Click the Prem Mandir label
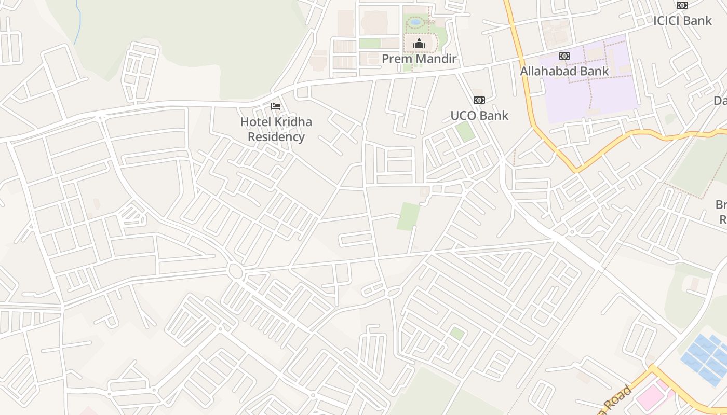pos(419,59)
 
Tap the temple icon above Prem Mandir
pos(419,44)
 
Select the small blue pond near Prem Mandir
pos(415,22)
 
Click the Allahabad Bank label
pos(564,71)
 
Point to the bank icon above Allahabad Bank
pos(564,56)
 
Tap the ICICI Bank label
pos(682,21)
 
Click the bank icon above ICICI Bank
pos(682,5)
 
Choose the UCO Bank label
pos(479,115)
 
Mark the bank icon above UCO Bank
pos(479,100)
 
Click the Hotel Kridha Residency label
pos(276,129)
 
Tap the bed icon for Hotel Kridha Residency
pos(276,106)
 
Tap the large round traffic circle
pos(235,271)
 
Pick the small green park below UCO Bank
pos(465,132)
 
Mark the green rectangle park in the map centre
pos(408,216)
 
